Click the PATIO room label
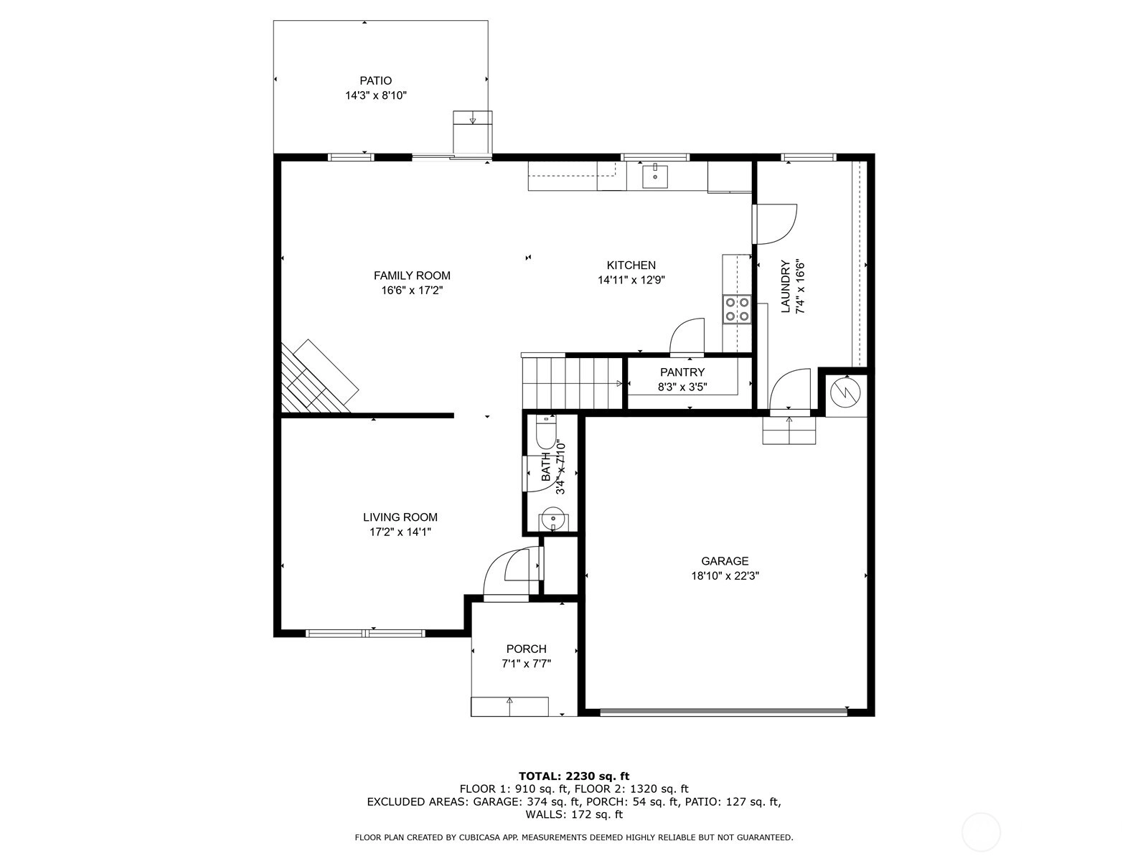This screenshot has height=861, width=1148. click(375, 81)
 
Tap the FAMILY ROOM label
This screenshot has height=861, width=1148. click(412, 276)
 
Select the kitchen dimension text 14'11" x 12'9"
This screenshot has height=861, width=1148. click(631, 281)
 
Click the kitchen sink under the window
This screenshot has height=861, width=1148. click(655, 175)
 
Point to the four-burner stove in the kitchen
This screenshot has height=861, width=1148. click(737, 309)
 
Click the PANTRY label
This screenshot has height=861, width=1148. click(682, 372)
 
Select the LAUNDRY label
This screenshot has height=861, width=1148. click(785, 286)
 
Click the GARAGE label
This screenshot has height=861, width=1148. click(725, 562)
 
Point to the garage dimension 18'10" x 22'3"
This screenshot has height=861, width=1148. click(725, 576)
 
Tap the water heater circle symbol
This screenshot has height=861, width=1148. click(846, 391)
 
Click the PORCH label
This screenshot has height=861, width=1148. click(526, 649)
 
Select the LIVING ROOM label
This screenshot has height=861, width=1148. click(400, 517)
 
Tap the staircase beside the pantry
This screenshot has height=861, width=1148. click(572, 383)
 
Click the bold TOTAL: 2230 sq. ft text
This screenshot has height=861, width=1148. click(574, 776)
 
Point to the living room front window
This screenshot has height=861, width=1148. click(365, 634)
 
